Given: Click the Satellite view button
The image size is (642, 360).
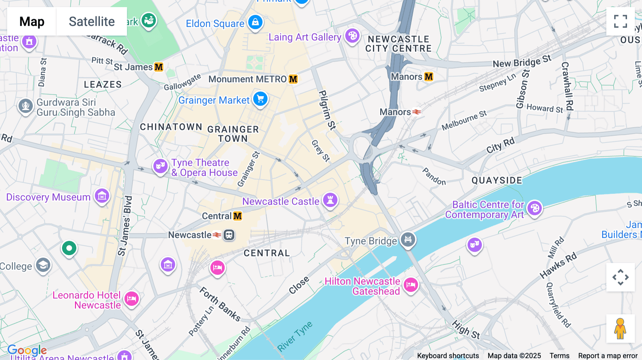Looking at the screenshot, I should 92,21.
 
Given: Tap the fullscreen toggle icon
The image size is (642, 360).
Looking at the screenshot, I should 620,21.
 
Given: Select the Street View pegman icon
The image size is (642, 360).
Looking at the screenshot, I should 620,328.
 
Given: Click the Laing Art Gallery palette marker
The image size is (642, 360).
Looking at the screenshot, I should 352,36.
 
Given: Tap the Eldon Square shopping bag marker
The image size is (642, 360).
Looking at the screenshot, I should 255,22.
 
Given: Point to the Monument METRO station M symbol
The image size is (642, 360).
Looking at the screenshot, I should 293,79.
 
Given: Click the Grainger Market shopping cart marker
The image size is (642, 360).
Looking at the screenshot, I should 260,99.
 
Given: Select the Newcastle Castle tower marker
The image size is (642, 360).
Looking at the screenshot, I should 330,200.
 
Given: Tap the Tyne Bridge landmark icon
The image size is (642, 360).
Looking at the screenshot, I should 408,240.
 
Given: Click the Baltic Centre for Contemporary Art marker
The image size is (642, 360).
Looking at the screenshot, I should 535,208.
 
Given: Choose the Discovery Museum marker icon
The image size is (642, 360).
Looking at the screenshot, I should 102,196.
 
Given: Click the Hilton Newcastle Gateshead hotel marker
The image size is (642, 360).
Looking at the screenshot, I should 411,285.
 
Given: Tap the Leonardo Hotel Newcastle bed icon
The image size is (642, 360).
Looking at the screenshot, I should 131,298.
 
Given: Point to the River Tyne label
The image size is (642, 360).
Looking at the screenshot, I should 295,336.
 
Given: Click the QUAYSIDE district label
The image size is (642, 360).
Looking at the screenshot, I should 497,180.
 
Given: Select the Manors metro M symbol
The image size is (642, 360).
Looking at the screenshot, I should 429,77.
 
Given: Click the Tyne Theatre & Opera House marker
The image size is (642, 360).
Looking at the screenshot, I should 160,166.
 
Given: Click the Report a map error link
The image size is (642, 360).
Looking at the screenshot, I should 608,356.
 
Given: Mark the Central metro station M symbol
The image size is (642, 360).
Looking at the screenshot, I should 238,216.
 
